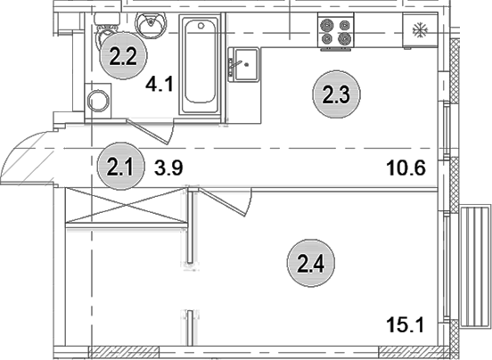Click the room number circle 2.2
[122, 58]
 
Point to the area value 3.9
[168, 166]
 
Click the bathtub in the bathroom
[201, 66]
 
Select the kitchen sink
[243, 67]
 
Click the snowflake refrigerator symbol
[417, 30]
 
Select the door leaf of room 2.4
[224, 202]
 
